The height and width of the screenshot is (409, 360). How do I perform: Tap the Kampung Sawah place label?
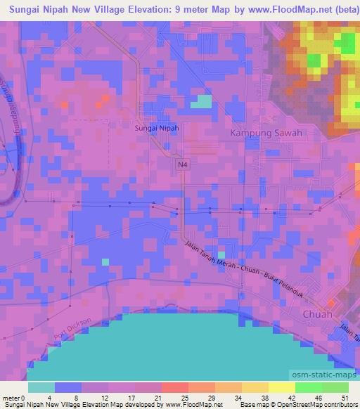pyautogui.click(x=266, y=132)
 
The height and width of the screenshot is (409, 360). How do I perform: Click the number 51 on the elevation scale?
pyautogui.click(x=344, y=398)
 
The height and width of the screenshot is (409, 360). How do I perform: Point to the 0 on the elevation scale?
pyautogui.click(x=23, y=398)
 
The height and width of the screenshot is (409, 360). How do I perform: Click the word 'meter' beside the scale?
pyautogui.click(x=11, y=398)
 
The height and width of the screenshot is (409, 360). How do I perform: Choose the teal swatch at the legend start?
pyautogui.click(x=41, y=387)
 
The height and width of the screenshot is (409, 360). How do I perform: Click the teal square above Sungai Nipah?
pyautogui.click(x=202, y=101)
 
